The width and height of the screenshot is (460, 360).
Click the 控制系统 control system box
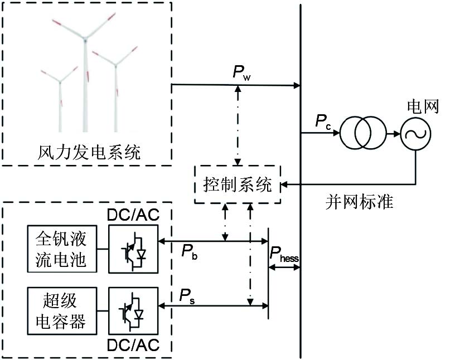pyautogui.click(x=238, y=184)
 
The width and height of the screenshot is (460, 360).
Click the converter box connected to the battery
pyautogui.click(x=133, y=250)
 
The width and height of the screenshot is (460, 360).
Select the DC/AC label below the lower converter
pyautogui.click(x=133, y=344)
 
